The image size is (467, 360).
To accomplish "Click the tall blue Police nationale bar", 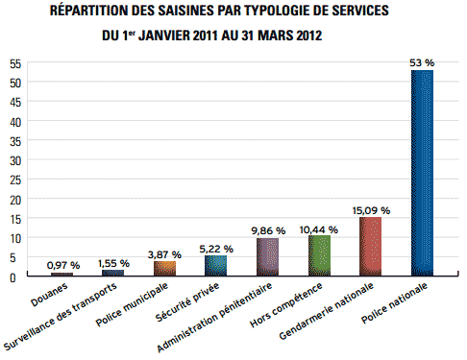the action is click(422, 173).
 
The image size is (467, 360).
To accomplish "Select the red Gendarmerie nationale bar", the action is click(370, 247).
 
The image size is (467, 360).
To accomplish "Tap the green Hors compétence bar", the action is click(319, 255).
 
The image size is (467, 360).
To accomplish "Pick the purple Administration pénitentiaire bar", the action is click(267, 257).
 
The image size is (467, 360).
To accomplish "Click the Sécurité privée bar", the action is click(215, 266).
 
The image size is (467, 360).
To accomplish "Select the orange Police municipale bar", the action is click(164, 269).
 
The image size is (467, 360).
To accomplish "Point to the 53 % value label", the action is click(422, 63).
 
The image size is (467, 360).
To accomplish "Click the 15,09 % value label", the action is click(371, 210).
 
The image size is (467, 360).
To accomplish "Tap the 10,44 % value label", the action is click(319, 229).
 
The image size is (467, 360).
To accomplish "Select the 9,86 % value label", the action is click(268, 230).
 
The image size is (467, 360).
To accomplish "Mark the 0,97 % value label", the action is click(63, 265).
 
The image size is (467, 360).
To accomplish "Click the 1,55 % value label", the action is click(113, 263).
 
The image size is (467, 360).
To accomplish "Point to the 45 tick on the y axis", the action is click(15, 103).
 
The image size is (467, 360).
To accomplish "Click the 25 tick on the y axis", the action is click(15, 180).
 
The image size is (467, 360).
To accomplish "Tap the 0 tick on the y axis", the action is click(12, 277).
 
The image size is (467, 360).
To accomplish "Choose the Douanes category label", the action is click(49, 295).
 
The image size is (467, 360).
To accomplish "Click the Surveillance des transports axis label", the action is click(61, 316).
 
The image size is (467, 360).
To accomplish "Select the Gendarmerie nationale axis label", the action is click(326, 311).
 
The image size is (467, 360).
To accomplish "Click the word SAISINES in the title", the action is click(184, 11).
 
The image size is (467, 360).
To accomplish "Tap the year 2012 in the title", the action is click(308, 36).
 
